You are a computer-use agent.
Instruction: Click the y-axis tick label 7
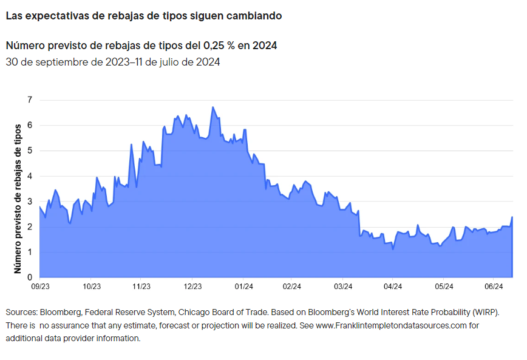[29, 100]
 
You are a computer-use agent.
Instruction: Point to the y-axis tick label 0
[29, 277]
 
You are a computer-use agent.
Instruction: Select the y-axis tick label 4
[29, 176]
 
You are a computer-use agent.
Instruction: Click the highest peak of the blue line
[212, 107]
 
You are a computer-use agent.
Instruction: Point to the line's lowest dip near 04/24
[393, 249]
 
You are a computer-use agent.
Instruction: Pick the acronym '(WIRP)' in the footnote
[484, 312]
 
